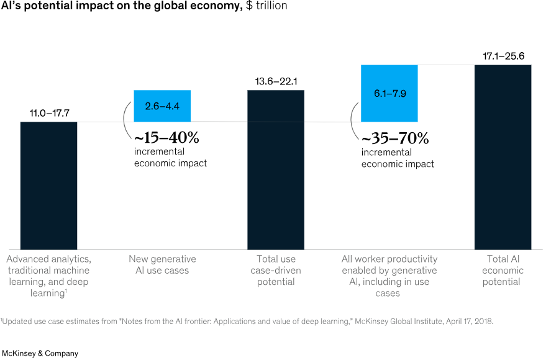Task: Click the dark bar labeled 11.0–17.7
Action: [48, 184]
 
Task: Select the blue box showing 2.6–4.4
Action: [162, 106]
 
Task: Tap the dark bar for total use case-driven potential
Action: [276, 169]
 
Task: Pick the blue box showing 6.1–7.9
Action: [389, 93]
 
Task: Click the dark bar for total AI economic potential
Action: [503, 156]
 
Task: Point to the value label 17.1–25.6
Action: [503, 56]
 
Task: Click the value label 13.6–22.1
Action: [276, 81]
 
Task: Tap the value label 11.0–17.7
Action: [48, 113]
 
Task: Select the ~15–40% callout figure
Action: [167, 137]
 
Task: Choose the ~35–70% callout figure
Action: [394, 137]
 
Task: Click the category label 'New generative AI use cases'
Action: [162, 264]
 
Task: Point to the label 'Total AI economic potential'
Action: [503, 270]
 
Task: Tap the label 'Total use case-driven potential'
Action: [276, 270]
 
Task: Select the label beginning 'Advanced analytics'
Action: [48, 271]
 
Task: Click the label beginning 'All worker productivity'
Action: [389, 276]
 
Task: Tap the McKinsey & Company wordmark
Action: [40, 353]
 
